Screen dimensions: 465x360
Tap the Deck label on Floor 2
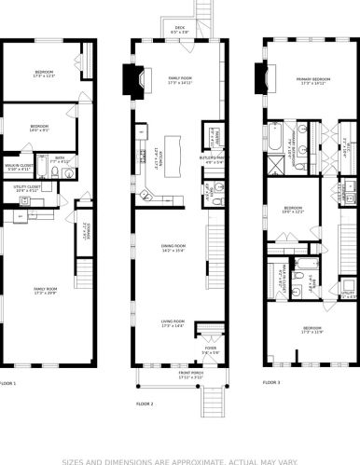tap(180, 30)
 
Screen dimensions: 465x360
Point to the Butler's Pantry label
tap(212, 159)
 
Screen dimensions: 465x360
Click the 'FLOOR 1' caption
tap(7, 383)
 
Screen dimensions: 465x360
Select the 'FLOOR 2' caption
tap(145, 403)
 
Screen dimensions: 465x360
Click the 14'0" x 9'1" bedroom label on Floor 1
tap(39, 129)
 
